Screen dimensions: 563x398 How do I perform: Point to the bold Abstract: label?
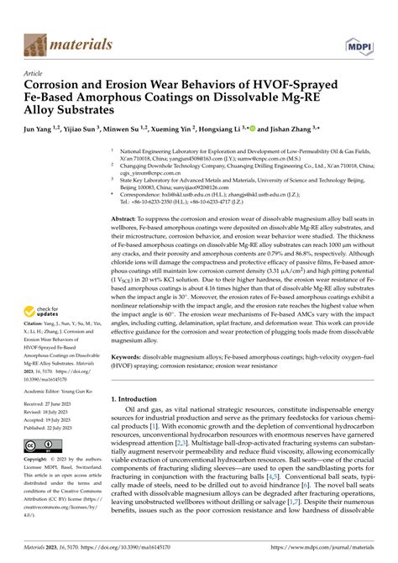click(129, 218)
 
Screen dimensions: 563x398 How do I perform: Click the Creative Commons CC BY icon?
click(44, 445)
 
